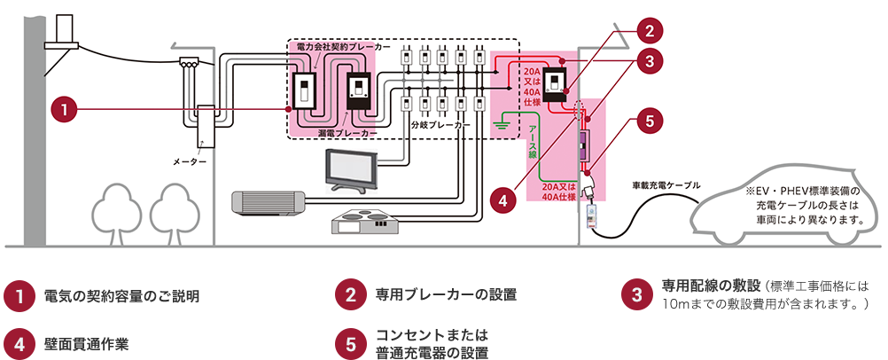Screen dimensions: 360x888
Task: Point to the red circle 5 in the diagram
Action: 650,121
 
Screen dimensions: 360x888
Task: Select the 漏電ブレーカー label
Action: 347,131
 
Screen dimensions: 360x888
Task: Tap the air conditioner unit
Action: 267,202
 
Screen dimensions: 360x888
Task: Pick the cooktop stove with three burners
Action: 365,221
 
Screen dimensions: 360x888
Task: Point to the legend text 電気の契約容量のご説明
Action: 121,295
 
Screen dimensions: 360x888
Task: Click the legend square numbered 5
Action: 350,343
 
